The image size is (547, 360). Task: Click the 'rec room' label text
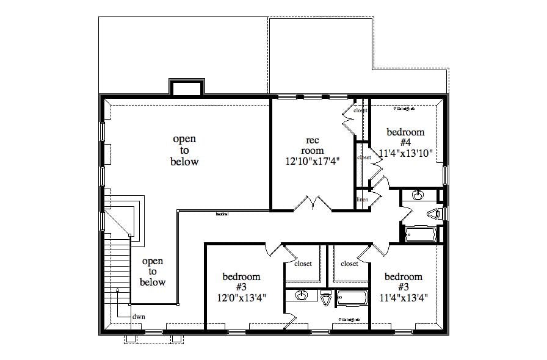click(312, 145)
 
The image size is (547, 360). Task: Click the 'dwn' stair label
click(139, 317)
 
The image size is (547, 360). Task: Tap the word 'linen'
click(362, 200)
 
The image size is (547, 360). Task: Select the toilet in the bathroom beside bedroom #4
click(435, 214)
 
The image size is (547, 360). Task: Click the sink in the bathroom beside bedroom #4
click(418, 195)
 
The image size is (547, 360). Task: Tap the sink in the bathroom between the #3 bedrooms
click(302, 297)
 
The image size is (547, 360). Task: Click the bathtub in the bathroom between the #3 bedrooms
click(352, 298)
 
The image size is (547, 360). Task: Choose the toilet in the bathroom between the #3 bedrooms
click(327, 298)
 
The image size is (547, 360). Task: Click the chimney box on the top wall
click(185, 88)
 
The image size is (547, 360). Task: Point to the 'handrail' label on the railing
click(222, 214)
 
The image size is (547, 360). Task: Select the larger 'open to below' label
click(185, 151)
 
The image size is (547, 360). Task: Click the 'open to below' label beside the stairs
click(153, 272)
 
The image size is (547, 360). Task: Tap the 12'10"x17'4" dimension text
click(312, 160)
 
